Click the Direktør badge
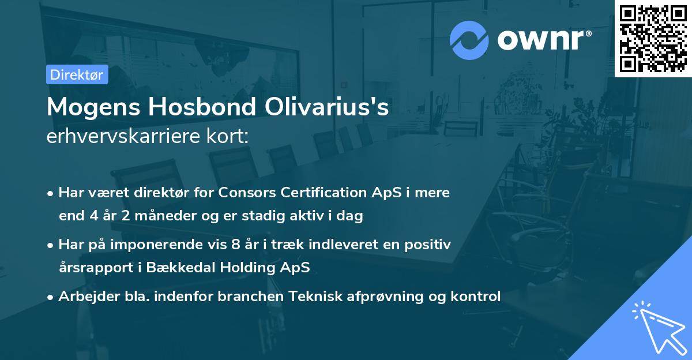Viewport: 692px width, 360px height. point(77,74)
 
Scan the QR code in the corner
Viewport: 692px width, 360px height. point(653,38)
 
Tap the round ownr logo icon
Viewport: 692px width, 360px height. point(469,40)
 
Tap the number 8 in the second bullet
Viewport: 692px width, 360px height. point(235,244)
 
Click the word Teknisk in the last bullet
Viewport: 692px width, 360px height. point(314,297)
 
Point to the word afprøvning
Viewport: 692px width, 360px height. point(383,297)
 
